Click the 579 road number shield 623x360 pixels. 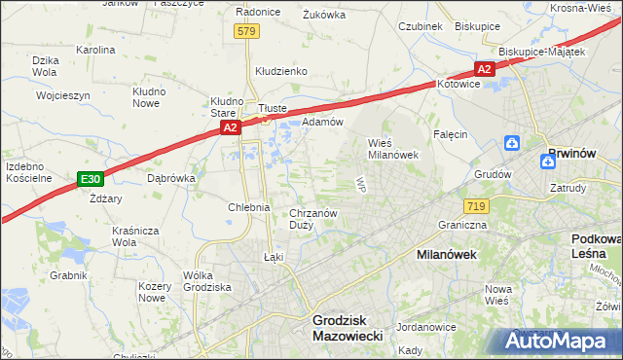tap(246, 32)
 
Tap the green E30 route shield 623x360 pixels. tap(91, 179)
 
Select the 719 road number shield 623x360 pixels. tap(476, 205)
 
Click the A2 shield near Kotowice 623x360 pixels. tap(485, 68)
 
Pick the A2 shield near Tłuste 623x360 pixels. tap(229, 127)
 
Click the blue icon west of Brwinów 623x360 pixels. tap(513, 144)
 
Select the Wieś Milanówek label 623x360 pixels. tap(392, 147)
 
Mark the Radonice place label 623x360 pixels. tap(259, 12)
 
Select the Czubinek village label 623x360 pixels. tap(421, 26)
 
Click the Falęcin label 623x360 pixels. tap(451, 134)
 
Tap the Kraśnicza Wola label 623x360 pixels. tap(136, 236)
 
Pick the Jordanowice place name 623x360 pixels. tap(427, 327)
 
